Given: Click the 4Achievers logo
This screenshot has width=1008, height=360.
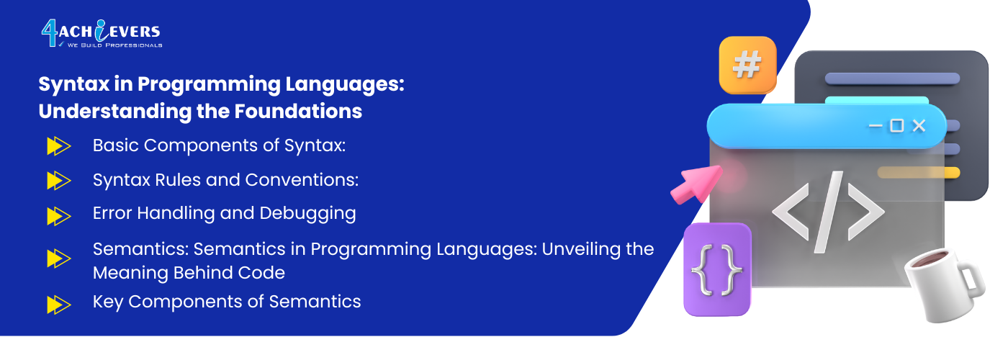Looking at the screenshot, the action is [x=102, y=34].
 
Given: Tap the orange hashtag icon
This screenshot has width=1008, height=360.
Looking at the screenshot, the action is [x=747, y=66].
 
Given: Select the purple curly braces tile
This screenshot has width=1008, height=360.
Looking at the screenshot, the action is [x=717, y=269].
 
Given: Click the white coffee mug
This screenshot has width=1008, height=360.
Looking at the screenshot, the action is [x=944, y=284].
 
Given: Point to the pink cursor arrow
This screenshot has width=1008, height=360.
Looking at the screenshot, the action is [x=696, y=184].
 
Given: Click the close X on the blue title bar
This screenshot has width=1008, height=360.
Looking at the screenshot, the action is [x=919, y=125].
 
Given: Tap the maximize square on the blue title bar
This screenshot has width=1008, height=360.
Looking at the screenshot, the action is [x=897, y=125].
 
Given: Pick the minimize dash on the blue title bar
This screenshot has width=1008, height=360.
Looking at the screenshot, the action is [x=876, y=126].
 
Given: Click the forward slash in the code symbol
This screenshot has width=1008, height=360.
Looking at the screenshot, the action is [x=829, y=212].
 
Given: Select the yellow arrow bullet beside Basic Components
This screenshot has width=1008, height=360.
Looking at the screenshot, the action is [x=59, y=145].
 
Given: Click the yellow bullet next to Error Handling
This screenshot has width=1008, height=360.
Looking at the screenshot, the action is [x=59, y=216].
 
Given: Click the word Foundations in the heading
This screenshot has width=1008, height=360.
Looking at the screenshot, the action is [x=298, y=111].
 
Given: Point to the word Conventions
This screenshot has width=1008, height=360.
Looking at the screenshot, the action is [x=302, y=180].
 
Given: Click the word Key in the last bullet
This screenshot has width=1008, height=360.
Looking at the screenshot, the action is [x=108, y=302].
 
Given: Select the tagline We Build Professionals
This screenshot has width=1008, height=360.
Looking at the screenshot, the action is [x=114, y=45].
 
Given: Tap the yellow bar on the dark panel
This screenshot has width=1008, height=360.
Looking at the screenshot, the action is [x=919, y=172].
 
